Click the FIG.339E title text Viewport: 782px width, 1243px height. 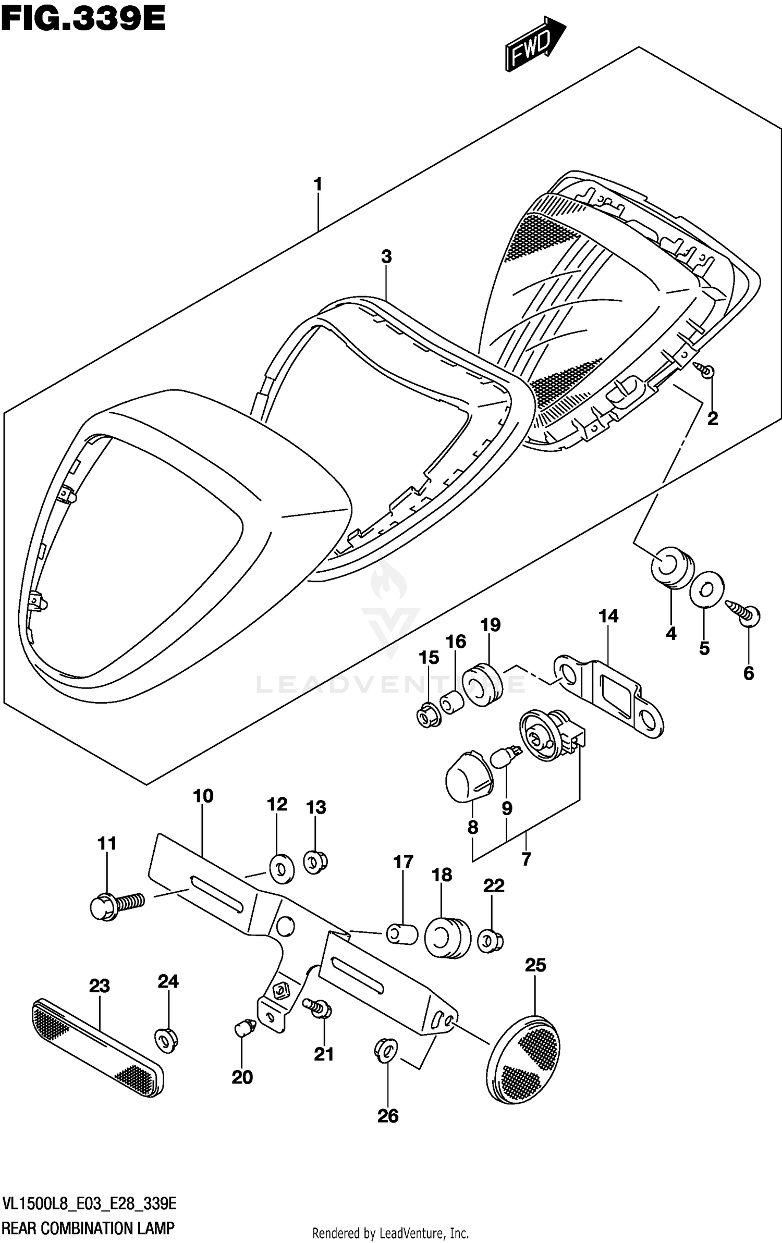click(83, 19)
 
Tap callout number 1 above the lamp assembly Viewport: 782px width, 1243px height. click(317, 184)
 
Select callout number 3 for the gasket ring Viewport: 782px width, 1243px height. click(386, 256)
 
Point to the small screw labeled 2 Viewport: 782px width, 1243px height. click(707, 371)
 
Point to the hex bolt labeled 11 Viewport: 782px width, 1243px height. click(116, 906)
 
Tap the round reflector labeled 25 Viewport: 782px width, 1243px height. click(525, 1059)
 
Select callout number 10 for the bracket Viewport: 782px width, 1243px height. click(203, 796)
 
